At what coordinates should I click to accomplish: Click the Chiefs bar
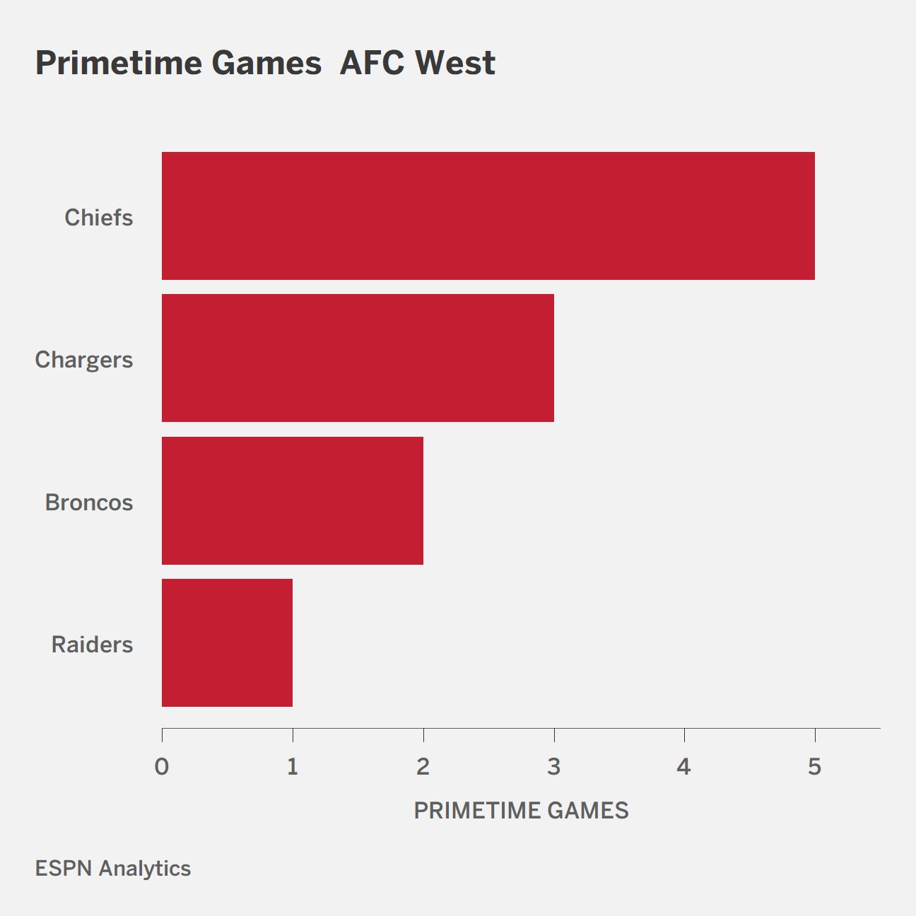click(488, 216)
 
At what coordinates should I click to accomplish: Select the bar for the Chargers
click(358, 358)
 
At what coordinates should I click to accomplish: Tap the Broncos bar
click(293, 500)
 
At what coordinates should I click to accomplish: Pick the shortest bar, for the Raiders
click(227, 642)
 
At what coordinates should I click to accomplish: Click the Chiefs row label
click(99, 218)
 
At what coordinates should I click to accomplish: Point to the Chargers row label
click(84, 360)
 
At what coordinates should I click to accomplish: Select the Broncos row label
click(89, 503)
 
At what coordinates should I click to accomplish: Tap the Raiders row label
click(92, 645)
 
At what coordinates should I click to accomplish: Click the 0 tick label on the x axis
click(162, 767)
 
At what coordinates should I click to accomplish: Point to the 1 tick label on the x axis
click(293, 767)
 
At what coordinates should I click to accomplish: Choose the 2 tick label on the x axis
click(423, 767)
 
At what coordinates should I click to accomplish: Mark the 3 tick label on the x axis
click(554, 767)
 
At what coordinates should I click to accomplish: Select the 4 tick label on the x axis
click(684, 767)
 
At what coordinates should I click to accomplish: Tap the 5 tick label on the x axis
click(815, 767)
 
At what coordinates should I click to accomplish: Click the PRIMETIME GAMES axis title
click(522, 811)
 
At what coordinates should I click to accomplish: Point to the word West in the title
click(455, 63)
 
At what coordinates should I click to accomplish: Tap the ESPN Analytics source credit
click(113, 869)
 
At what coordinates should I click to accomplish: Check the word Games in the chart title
click(266, 63)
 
